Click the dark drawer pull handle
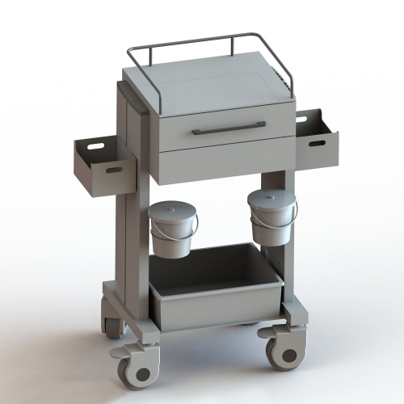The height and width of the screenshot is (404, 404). [229, 128]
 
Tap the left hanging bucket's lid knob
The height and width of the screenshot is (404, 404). [173, 206]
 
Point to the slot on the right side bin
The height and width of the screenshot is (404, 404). [317, 144]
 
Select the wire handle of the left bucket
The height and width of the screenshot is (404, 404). [173, 234]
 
